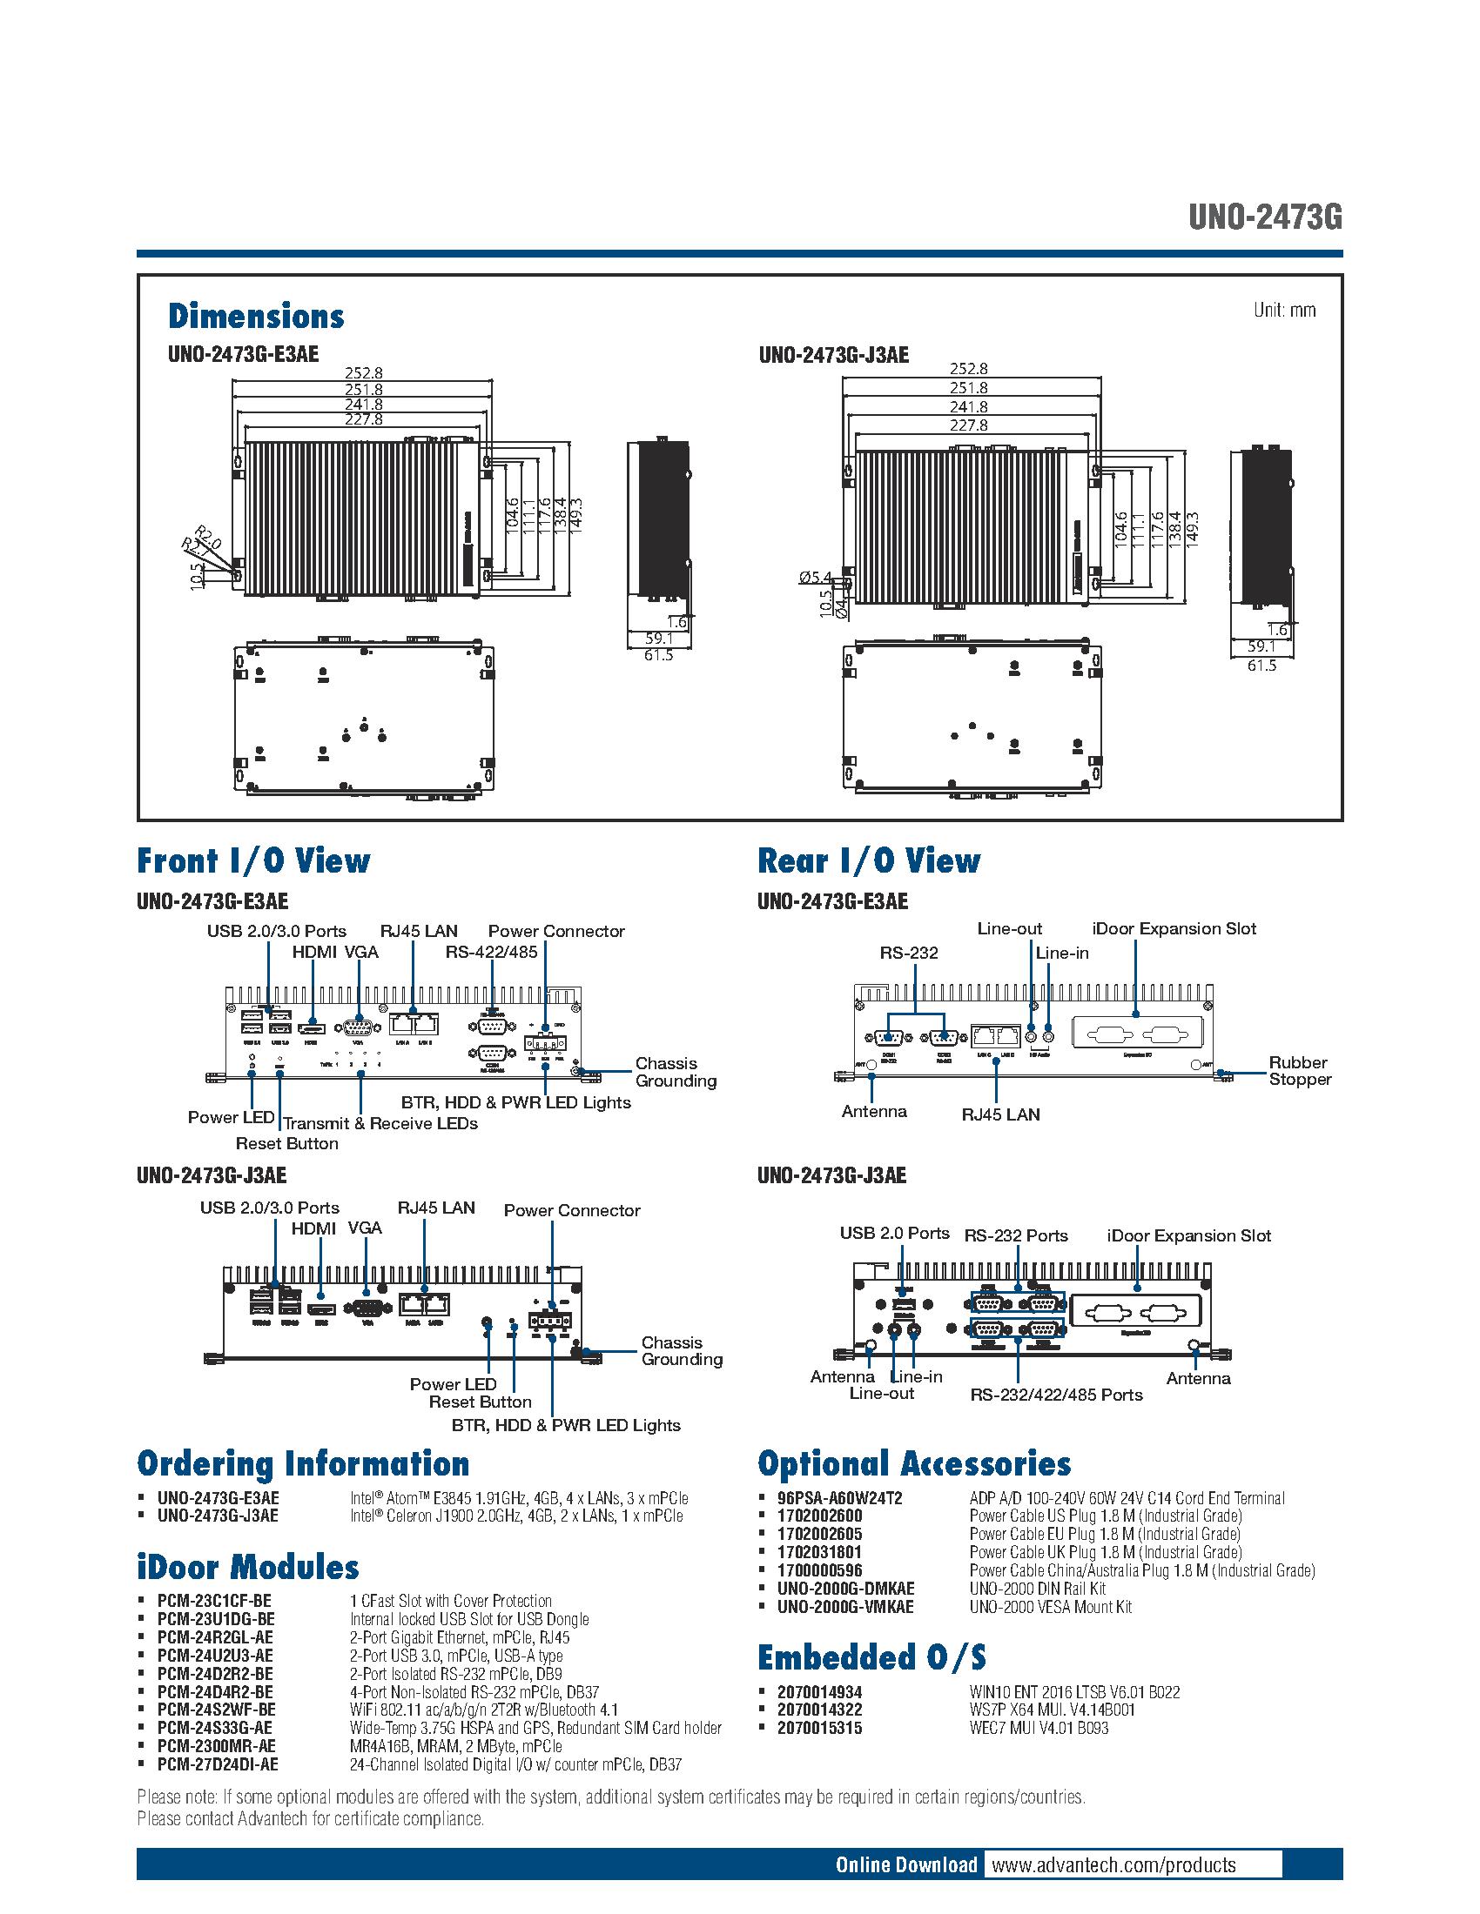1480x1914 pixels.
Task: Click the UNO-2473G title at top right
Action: pyautogui.click(x=1264, y=217)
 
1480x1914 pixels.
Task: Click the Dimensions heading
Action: pyautogui.click(x=256, y=317)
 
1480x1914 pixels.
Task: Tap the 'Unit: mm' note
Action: pyautogui.click(x=1283, y=311)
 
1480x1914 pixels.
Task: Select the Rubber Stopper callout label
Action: pyautogui.click(x=1300, y=1071)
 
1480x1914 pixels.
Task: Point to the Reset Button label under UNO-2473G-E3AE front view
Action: pyautogui.click(x=286, y=1144)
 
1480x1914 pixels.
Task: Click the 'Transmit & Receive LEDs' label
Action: pyautogui.click(x=380, y=1123)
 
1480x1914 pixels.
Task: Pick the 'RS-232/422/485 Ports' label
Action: pyautogui.click(x=1056, y=1395)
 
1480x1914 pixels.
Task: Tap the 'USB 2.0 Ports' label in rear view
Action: pyautogui.click(x=894, y=1233)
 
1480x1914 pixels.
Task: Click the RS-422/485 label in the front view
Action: pyautogui.click(x=491, y=953)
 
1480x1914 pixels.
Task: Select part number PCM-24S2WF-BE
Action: pyautogui.click(x=216, y=1710)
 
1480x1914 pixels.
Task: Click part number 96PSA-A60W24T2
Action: pyautogui.click(x=839, y=1498)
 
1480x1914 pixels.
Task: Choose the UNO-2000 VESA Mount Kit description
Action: pyautogui.click(x=1051, y=1606)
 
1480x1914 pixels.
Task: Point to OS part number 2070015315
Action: pyautogui.click(x=819, y=1727)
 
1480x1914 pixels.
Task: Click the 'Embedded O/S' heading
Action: pyautogui.click(x=871, y=1657)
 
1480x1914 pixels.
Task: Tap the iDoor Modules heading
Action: pyautogui.click(x=248, y=1567)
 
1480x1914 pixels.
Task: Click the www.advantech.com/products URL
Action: pyautogui.click(x=1113, y=1840)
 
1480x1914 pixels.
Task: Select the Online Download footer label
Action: pyautogui.click(x=905, y=1840)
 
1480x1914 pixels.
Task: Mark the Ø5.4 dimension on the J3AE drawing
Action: pyautogui.click(x=815, y=577)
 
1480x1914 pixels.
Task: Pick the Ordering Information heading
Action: pyautogui.click(x=302, y=1463)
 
